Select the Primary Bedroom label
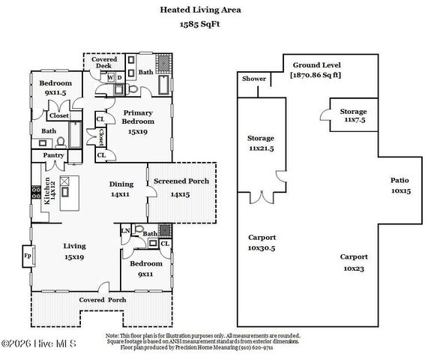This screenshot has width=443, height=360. (139, 116)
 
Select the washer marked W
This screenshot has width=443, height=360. (111, 77)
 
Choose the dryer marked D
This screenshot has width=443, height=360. (120, 77)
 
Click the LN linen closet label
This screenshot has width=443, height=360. (126, 231)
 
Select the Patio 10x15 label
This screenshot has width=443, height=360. (400, 185)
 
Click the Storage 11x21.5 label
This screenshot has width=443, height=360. (260, 142)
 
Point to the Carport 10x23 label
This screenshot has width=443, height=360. (354, 262)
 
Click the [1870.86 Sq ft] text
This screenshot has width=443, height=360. (316, 75)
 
